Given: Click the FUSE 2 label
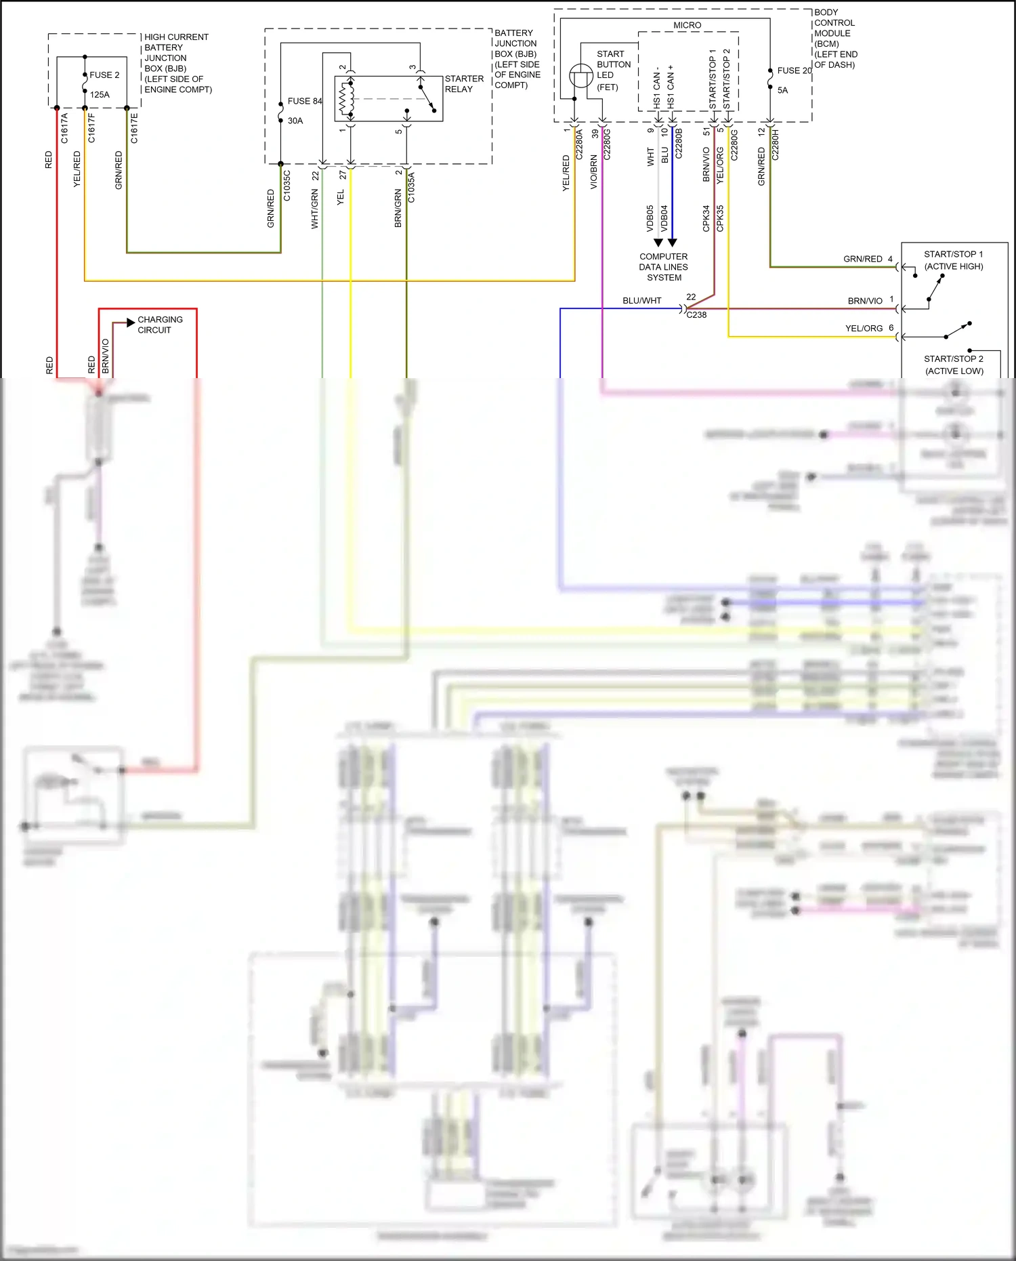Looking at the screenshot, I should [104, 75].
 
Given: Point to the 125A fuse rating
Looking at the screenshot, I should [100, 95].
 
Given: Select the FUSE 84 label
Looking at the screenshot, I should [304, 101].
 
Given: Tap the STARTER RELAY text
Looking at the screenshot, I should [464, 84].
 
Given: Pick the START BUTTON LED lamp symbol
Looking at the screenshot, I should [580, 75].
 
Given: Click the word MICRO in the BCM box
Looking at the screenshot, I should [687, 25].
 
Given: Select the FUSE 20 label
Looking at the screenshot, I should [794, 70].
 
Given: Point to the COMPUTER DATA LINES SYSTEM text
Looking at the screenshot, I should [664, 267].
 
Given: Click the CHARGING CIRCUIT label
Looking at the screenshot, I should [160, 325].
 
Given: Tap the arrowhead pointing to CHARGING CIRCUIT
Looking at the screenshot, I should [131, 323].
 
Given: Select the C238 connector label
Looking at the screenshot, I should [696, 315].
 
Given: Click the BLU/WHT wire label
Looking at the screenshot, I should [641, 301].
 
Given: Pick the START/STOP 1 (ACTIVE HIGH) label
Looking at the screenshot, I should [953, 260].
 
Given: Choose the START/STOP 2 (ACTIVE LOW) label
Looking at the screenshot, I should [954, 365].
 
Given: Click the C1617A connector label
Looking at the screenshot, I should [65, 128].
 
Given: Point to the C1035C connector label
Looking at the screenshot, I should [287, 186].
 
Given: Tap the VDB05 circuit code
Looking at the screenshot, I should [650, 218].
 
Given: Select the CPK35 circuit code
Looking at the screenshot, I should [721, 218].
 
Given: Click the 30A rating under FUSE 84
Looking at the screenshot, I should [295, 121].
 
